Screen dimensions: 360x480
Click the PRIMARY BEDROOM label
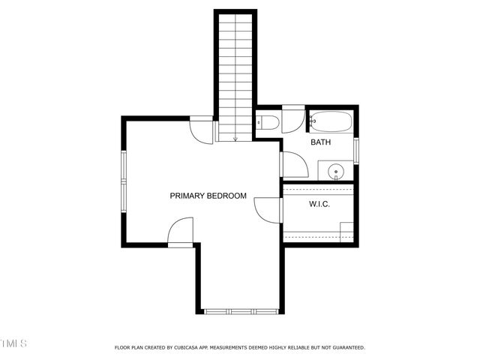(208, 196)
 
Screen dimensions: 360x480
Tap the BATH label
(321, 142)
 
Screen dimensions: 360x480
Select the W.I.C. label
(319, 204)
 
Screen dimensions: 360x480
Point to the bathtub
(330, 121)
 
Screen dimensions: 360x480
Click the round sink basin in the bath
(336, 172)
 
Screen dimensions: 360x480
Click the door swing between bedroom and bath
(293, 164)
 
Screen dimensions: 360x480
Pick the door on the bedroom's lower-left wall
(180, 232)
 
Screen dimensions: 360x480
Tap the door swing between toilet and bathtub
(292, 121)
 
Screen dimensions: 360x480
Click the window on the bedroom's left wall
(124, 180)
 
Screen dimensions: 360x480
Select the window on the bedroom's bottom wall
(241, 311)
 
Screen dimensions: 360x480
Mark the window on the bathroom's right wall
(356, 150)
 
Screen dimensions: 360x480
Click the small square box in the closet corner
(346, 231)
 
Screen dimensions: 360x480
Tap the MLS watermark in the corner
(13, 343)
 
